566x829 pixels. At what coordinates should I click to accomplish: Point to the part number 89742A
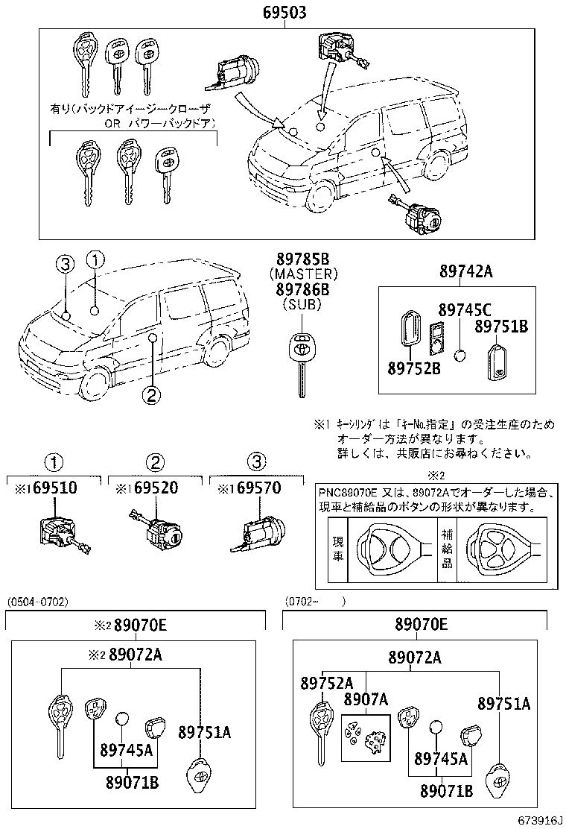(460, 272)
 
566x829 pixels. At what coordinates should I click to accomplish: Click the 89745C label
(464, 310)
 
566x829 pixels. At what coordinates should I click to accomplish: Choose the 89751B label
(501, 327)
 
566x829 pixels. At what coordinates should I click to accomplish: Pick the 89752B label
(413, 368)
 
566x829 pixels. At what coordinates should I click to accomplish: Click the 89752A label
(326, 683)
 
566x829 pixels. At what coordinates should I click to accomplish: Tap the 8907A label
(366, 699)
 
